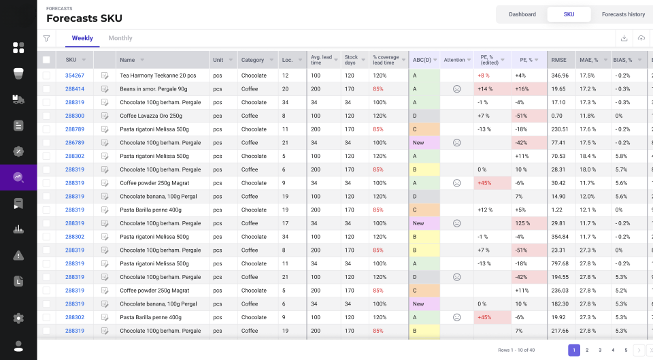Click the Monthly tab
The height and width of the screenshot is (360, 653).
point(120,38)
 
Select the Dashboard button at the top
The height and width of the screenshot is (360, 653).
point(522,14)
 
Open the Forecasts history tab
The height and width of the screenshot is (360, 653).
point(623,14)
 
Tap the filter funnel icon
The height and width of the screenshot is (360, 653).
point(47,38)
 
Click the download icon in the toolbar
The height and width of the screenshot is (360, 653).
point(624,38)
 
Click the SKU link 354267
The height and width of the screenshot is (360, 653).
point(75,76)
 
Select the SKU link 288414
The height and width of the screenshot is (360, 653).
point(75,88)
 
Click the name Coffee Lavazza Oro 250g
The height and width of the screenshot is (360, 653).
point(151,116)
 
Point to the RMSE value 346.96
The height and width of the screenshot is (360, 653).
point(560,76)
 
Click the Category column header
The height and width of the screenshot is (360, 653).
point(252,60)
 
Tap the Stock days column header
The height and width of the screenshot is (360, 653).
point(351,60)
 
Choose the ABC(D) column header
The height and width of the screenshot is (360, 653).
point(422,60)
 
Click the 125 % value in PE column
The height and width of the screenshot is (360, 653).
point(522,223)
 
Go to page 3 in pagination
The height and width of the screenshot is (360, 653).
point(600,350)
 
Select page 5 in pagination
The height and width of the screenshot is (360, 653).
point(626,350)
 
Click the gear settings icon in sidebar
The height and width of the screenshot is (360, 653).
point(18,318)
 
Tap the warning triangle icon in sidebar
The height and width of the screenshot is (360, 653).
point(18,255)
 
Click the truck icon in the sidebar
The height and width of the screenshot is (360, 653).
point(18,99)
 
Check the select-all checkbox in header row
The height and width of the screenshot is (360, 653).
point(46,60)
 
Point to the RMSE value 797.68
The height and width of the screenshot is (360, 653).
point(560,264)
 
